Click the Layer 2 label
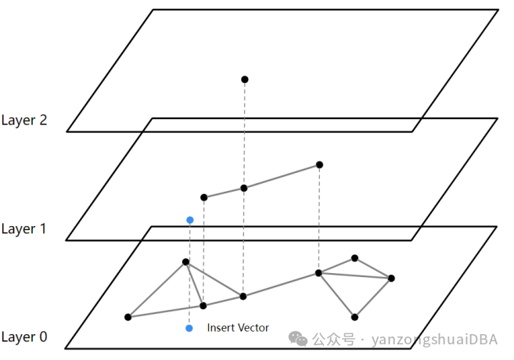pos(23,121)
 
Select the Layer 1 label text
pos(23,229)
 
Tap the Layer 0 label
pos(23,337)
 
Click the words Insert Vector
pos(238,328)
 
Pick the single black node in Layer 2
pos(244,79)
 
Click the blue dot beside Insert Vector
pos(189,328)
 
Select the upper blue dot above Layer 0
pos(189,220)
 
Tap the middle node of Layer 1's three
pos(243,188)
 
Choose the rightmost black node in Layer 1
pos(319,164)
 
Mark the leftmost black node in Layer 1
pos(204,197)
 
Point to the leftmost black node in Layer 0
pos(128,317)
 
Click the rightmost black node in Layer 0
pos(390,278)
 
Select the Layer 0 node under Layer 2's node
pos(243,296)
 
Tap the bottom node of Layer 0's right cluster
pos(354,317)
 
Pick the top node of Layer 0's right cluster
pos(354,257)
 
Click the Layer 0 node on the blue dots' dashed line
pos(186,262)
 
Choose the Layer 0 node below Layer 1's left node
pos(203,305)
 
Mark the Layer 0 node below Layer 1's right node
pos(318,272)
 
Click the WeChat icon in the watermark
pos(298,338)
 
